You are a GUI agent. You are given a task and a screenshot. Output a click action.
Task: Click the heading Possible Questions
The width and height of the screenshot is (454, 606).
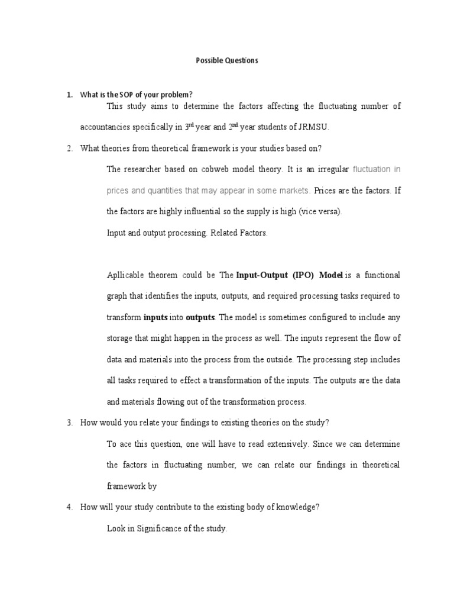227,61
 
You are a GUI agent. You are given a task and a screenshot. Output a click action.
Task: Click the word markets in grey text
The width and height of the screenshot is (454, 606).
294,191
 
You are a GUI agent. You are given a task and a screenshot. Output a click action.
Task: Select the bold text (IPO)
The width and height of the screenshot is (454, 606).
301,275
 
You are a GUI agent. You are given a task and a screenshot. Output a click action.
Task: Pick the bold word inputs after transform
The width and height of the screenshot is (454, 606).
156,317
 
